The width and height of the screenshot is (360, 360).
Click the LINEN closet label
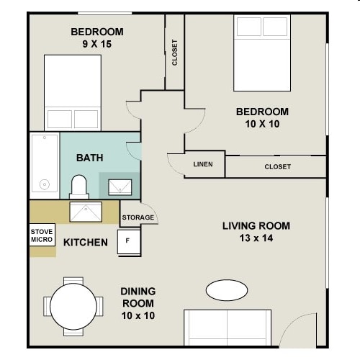pyautogui.click(x=203, y=164)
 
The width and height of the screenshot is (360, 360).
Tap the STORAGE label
pyautogui.click(x=138, y=217)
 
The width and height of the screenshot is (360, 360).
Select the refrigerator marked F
pyautogui.click(x=129, y=242)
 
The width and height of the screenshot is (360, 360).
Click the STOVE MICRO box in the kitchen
pyautogui.click(x=42, y=235)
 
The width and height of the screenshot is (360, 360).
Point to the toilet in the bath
pyautogui.click(x=79, y=187)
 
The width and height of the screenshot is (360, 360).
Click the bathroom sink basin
pyautogui.click(x=120, y=187)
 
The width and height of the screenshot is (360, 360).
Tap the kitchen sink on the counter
pyautogui.click(x=86, y=212)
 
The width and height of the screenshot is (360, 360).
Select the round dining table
pyautogui.click(x=73, y=307)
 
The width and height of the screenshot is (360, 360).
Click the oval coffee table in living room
pyautogui.click(x=227, y=290)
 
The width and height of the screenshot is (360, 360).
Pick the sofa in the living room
pyautogui.click(x=228, y=328)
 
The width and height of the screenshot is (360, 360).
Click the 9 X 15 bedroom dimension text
pyautogui.click(x=97, y=44)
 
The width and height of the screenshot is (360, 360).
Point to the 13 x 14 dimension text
pyautogui.click(x=256, y=238)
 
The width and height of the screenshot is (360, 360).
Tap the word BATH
pyautogui.click(x=90, y=158)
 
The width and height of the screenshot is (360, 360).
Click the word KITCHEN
pyautogui.click(x=86, y=243)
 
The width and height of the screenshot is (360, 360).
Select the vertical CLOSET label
pyautogui.click(x=175, y=53)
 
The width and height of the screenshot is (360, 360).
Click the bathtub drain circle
pyautogui.click(x=45, y=184)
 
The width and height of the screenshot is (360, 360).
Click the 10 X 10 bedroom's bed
pyautogui.click(x=262, y=53)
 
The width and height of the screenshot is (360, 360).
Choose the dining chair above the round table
pyautogui.click(x=73, y=281)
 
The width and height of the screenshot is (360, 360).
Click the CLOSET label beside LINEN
pyautogui.click(x=278, y=166)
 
